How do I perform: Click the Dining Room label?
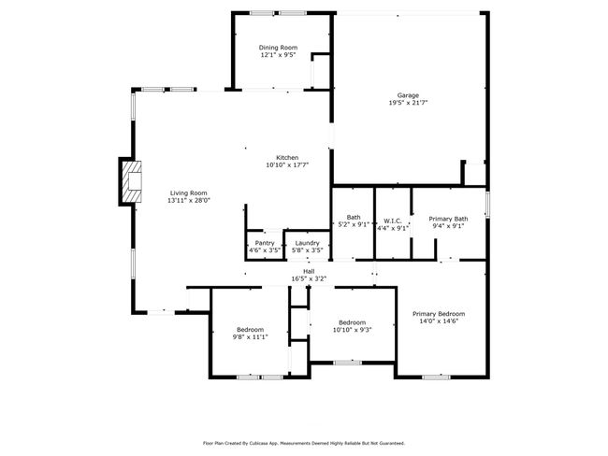click(x=278, y=48)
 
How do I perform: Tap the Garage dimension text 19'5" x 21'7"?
click(x=408, y=103)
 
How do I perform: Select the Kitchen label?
click(x=287, y=158)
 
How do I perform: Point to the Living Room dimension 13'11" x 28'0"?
click(x=189, y=200)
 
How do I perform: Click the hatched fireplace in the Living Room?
click(x=132, y=181)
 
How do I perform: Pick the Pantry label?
click(x=265, y=243)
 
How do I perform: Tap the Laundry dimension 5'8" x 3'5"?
click(x=307, y=250)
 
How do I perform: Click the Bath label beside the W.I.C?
click(x=354, y=218)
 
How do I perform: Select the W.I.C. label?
click(x=393, y=221)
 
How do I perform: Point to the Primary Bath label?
click(x=448, y=219)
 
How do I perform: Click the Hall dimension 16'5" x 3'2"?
click(x=309, y=278)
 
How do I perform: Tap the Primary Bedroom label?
click(x=439, y=314)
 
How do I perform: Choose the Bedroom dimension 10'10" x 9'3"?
click(x=353, y=330)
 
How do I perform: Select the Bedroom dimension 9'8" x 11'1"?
click(x=250, y=337)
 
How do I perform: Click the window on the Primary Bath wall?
click(x=487, y=204)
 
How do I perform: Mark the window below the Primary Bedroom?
click(x=436, y=377)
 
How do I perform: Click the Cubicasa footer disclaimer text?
click(x=304, y=443)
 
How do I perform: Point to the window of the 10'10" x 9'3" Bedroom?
click(x=348, y=363)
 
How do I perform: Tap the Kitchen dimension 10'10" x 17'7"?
click(x=287, y=165)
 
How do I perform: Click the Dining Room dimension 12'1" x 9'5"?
click(x=278, y=55)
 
